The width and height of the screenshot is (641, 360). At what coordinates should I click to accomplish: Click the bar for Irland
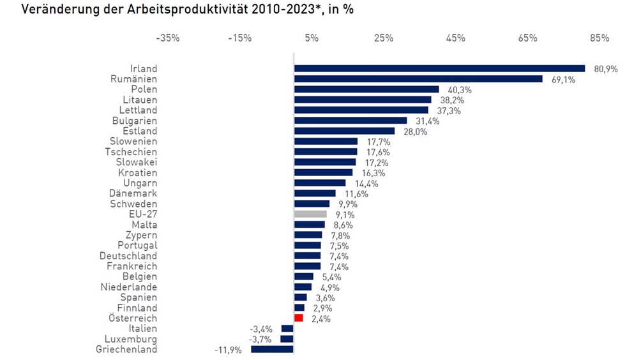tap(439, 68)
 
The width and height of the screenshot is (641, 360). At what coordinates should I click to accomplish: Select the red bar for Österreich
tap(298, 318)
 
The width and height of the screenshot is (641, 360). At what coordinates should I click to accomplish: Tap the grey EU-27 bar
tap(310, 214)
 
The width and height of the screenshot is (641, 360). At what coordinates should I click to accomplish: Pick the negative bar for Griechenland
tap(272, 349)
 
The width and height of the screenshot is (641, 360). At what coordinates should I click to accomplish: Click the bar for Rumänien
tap(418, 79)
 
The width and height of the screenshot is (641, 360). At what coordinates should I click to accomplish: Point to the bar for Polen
tap(366, 89)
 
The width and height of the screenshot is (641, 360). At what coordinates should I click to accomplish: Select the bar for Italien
tap(287, 329)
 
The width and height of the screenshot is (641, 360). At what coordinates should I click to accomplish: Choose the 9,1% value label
tap(345, 215)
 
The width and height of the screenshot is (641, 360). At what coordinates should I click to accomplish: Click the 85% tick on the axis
tap(600, 38)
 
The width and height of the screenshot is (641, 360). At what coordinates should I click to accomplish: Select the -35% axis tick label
tap(167, 38)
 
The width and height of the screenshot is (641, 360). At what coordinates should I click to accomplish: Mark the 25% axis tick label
tap(383, 38)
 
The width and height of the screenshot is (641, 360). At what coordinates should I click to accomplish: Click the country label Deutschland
tap(128, 256)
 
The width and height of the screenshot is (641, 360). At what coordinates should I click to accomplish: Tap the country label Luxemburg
tap(131, 339)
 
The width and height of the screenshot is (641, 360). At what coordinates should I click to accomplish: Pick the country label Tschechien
tap(131, 152)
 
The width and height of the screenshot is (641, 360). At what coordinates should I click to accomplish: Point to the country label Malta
tap(144, 225)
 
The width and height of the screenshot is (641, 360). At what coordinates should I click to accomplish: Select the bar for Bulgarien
tap(351, 121)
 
